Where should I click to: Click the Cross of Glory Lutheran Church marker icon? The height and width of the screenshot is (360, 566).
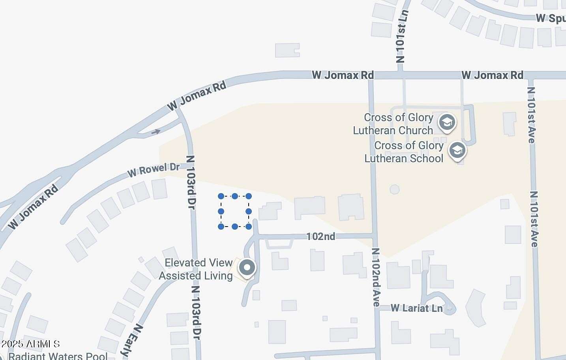tap(447, 122)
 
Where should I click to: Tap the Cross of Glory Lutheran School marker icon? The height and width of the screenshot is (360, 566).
tap(457, 150)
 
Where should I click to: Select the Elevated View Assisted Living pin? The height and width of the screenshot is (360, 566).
tap(247, 268)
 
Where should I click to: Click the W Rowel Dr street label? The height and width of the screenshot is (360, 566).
tap(153, 170)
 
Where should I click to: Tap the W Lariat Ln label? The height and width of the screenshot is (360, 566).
tap(416, 308)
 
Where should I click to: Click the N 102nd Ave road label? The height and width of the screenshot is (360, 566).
tap(376, 277)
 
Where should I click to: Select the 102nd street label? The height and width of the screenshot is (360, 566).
tap(320, 236)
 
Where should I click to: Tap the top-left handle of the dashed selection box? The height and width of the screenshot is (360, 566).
tap(221, 196)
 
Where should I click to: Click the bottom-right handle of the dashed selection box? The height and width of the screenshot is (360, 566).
tap(249, 227)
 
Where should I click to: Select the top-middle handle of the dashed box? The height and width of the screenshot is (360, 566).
tap(235, 196)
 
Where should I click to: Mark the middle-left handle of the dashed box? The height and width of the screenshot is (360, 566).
tap(221, 212)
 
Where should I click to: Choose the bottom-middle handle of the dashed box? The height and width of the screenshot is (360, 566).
tap(235, 227)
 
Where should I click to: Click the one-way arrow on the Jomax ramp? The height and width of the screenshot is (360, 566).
tap(156, 131)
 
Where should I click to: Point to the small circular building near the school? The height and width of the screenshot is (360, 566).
tap(394, 189)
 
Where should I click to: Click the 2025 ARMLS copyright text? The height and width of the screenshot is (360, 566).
tap(30, 344)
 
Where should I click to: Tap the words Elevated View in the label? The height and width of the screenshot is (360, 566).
tap(199, 263)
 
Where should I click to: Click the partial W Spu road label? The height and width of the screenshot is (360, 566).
tap(551, 18)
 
